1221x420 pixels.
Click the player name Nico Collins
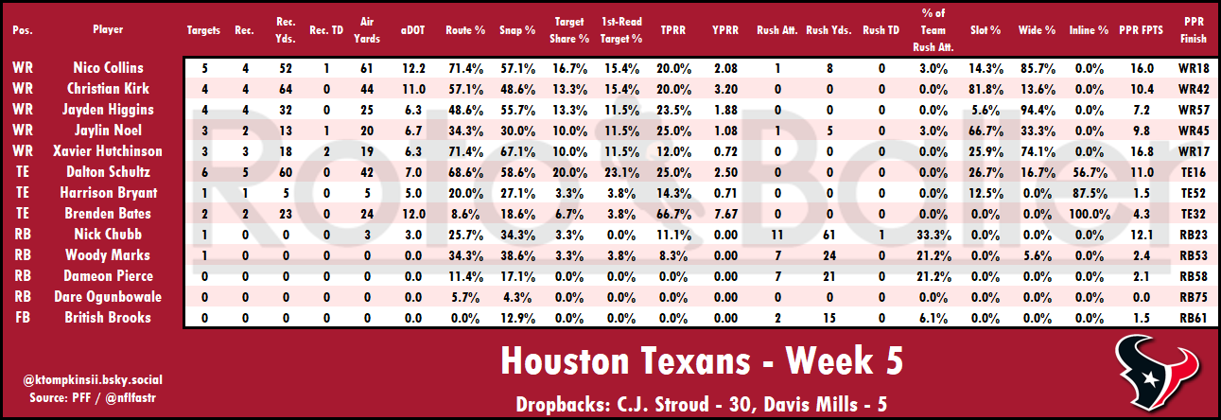(x=108, y=68)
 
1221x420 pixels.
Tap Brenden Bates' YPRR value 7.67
(x=725, y=214)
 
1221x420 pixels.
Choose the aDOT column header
(x=413, y=30)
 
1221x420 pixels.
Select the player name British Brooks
(x=108, y=318)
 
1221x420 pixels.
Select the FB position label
(x=22, y=318)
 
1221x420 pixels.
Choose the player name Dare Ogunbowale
(x=108, y=297)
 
